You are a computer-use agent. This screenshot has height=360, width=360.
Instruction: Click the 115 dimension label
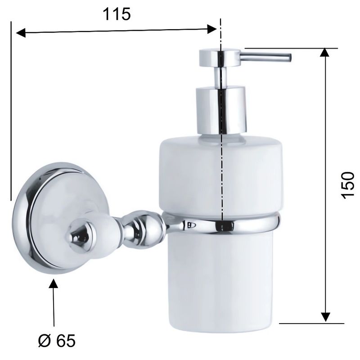(x=117, y=14)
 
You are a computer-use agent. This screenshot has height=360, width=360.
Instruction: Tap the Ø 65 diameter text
(x=57, y=341)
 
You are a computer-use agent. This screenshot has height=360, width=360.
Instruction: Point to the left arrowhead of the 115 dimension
(x=21, y=33)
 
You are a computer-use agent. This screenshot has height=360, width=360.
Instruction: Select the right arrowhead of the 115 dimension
(x=211, y=29)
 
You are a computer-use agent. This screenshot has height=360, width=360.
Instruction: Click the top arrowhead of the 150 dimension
(x=324, y=52)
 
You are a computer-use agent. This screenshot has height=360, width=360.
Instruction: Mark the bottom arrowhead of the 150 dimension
(x=325, y=317)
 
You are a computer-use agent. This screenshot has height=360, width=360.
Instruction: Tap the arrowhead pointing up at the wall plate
(x=53, y=283)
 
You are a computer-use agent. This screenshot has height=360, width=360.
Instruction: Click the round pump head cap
(x=220, y=58)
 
